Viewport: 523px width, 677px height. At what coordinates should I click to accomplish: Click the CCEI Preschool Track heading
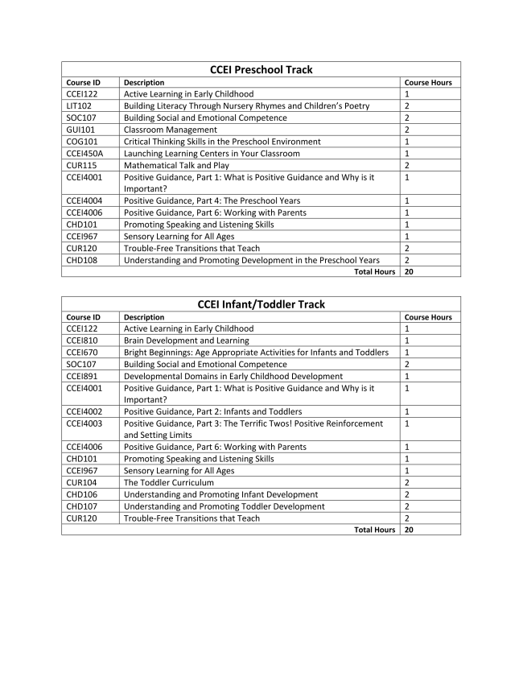[261, 70]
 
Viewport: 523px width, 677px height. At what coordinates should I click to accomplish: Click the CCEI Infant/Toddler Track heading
[261, 304]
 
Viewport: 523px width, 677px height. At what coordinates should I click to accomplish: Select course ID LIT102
[80, 105]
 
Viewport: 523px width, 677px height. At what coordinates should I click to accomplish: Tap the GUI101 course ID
[80, 130]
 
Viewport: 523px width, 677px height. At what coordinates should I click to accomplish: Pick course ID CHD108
[81, 260]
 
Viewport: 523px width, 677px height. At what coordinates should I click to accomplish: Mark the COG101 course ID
[81, 142]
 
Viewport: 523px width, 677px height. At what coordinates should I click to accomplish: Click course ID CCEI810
[81, 341]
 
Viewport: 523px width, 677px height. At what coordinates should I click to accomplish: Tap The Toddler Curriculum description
[168, 482]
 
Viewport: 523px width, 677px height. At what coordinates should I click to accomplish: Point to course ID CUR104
[80, 482]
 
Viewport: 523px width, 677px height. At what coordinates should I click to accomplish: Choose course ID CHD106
[81, 494]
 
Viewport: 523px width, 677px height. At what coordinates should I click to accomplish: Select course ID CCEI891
[81, 376]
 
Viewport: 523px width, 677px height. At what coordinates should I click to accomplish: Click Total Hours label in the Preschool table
[374, 272]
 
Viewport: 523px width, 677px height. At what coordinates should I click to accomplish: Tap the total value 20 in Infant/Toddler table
[410, 530]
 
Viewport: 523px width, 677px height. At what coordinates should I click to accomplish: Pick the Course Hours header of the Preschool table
[428, 82]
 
